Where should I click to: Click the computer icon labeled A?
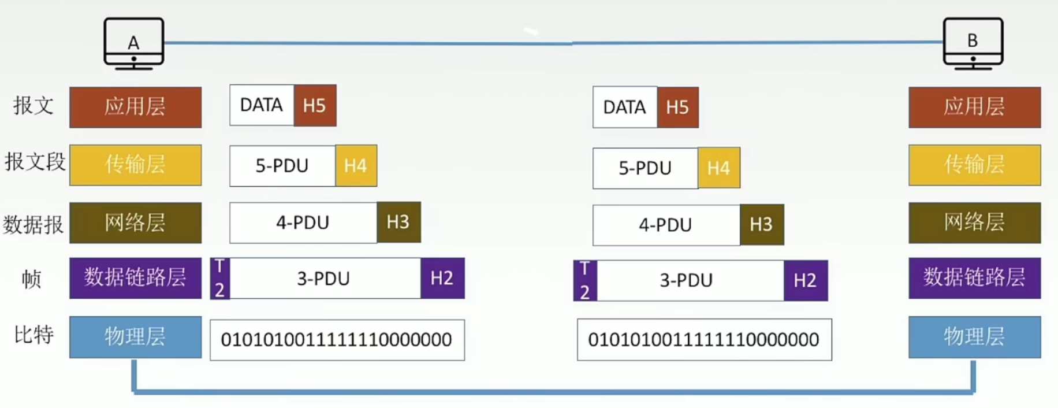(134, 43)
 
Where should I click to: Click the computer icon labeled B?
(973, 43)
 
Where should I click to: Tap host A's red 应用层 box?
(136, 107)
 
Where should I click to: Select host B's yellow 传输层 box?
(975, 165)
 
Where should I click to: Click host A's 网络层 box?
(136, 222)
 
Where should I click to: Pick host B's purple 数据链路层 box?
(975, 278)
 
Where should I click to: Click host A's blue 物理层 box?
(136, 337)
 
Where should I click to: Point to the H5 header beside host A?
(315, 105)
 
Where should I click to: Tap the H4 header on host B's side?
(719, 168)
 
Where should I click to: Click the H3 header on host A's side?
(398, 222)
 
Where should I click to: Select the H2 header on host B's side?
(806, 280)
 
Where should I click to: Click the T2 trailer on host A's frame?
(220, 278)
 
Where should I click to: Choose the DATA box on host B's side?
(625, 107)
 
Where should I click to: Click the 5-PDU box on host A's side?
(282, 165)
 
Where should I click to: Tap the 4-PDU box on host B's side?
(666, 225)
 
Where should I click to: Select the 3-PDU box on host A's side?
(325, 278)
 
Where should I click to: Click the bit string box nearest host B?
(705, 339)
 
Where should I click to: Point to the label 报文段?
(35, 162)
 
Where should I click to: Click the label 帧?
(32, 279)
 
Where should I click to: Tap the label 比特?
(33, 335)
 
